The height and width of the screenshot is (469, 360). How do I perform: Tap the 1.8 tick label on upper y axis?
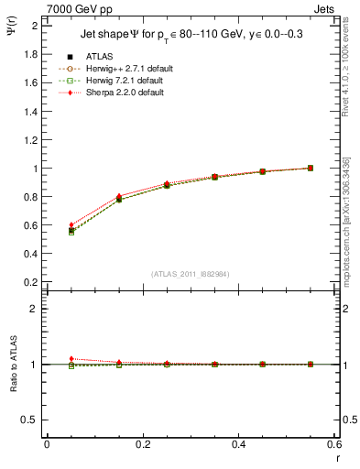28,54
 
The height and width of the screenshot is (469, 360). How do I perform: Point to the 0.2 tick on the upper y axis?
28,283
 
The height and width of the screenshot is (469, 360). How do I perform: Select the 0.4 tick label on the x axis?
238,444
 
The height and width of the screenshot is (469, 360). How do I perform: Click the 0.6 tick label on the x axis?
334,444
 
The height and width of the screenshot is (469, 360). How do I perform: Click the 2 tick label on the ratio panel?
33,309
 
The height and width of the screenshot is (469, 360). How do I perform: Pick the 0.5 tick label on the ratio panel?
28,420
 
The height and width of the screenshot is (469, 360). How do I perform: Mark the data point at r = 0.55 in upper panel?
311,168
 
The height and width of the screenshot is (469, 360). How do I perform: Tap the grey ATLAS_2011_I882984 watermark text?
191,274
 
